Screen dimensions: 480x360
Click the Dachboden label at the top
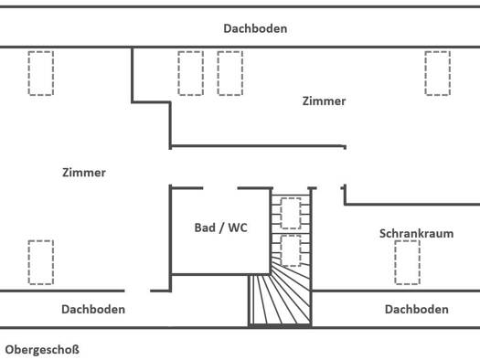pyautogui.click(x=255, y=28)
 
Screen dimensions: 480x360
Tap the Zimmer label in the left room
pyautogui.click(x=84, y=173)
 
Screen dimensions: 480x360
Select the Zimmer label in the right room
pyautogui.click(x=324, y=101)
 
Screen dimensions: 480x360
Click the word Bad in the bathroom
pyautogui.click(x=205, y=228)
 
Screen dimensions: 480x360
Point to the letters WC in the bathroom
pyautogui.click(x=238, y=228)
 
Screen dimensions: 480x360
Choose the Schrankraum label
pyautogui.click(x=416, y=234)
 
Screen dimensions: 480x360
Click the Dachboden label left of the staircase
pyautogui.click(x=93, y=310)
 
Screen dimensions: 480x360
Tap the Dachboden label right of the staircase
pyautogui.click(x=417, y=310)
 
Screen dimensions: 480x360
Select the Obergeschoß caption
pyautogui.click(x=42, y=350)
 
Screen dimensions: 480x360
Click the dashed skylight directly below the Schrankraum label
pyautogui.click(x=407, y=262)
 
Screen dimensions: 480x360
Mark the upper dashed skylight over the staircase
pyautogui.click(x=291, y=213)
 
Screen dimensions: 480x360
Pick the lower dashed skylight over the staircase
pyautogui.click(x=291, y=250)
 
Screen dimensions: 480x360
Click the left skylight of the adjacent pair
pyautogui.click(x=191, y=73)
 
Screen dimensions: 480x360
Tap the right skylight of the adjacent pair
pyautogui.click(x=230, y=73)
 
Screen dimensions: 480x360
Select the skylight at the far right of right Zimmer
pyautogui.click(x=437, y=73)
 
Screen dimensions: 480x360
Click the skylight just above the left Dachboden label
pyautogui.click(x=41, y=262)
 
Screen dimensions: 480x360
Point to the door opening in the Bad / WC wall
pyautogui.click(x=220, y=188)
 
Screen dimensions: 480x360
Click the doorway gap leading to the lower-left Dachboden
pyautogui.click(x=137, y=291)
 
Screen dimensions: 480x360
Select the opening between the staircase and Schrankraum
pyautogui.click(x=329, y=188)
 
